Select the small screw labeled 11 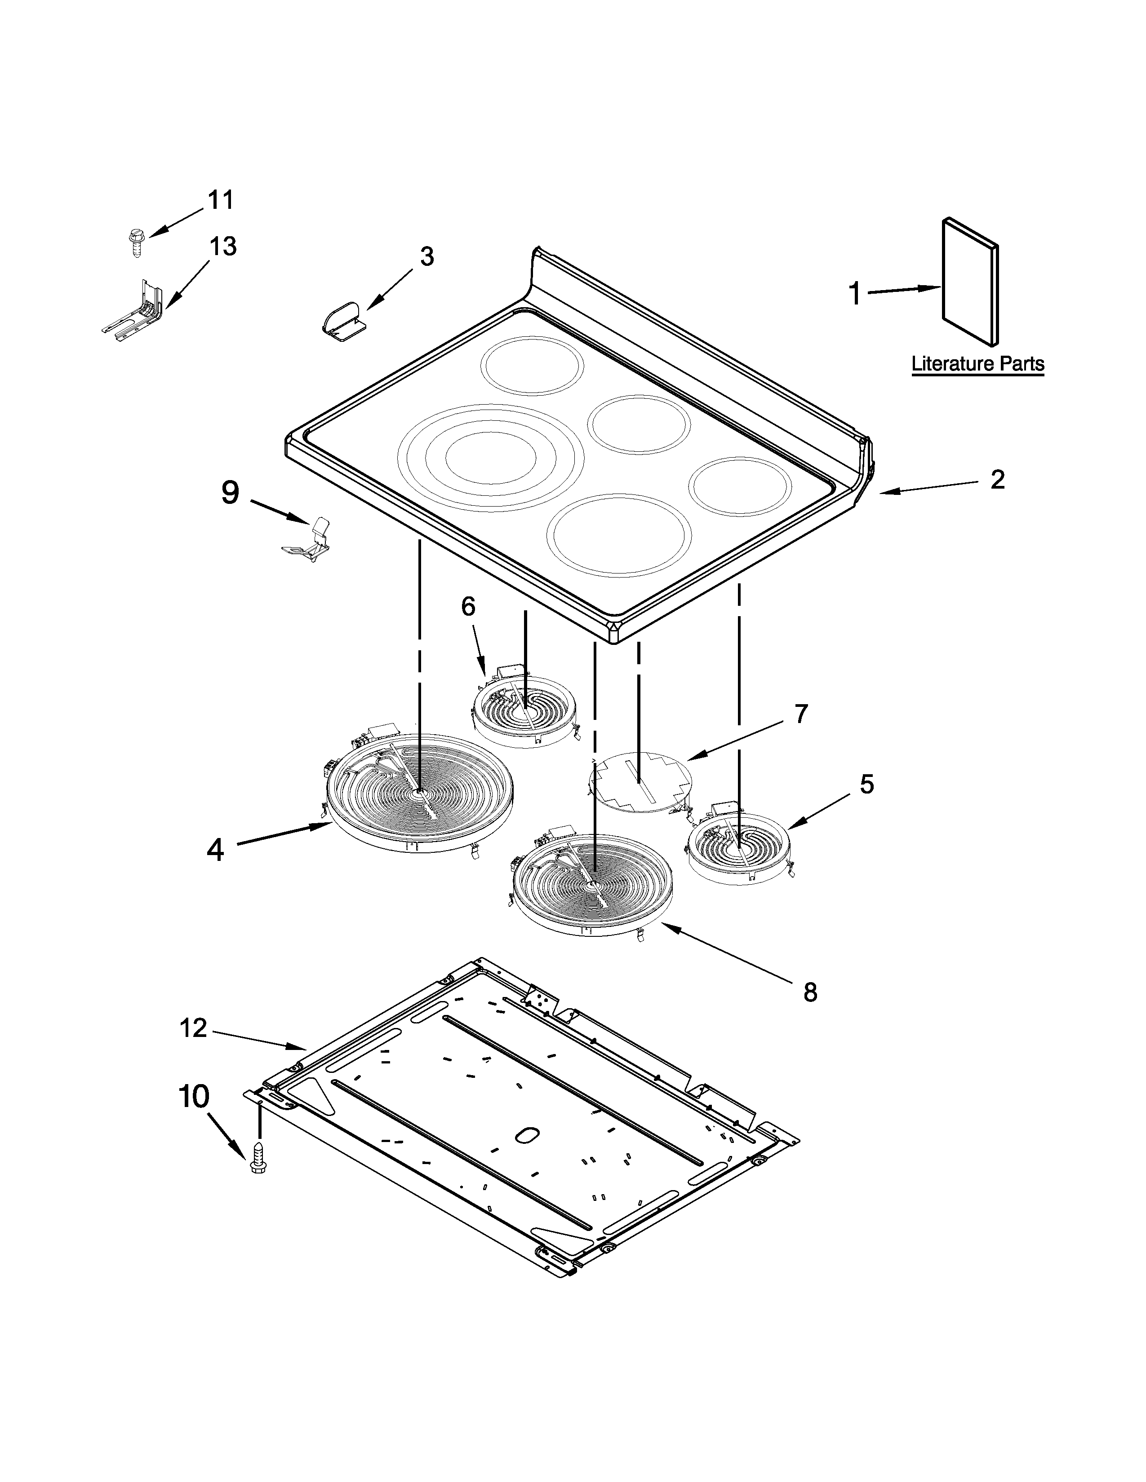pos(135,242)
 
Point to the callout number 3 pos(426,256)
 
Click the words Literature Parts pos(977,364)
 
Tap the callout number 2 pos(997,480)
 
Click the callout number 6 pos(468,606)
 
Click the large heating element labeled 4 pos(419,794)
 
